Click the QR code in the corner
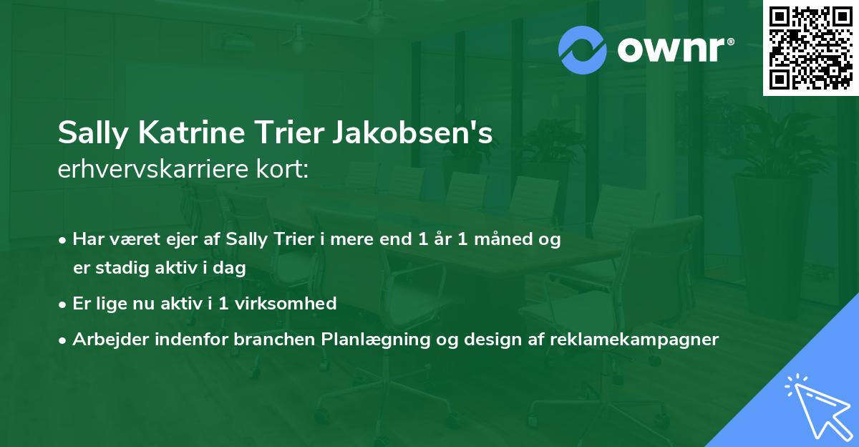tap(810, 48)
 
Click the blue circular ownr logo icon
tap(583, 49)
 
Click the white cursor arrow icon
tap(814, 406)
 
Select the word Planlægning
tap(371, 339)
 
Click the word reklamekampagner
tap(634, 339)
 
